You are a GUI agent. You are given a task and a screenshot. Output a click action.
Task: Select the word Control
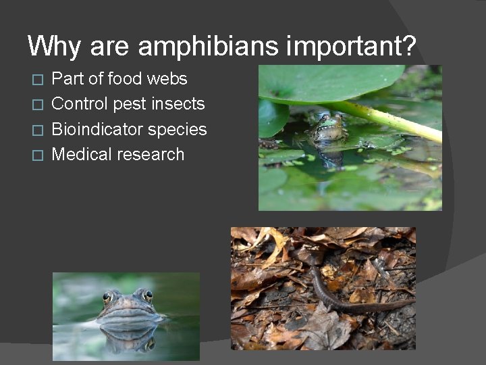[x=80, y=104]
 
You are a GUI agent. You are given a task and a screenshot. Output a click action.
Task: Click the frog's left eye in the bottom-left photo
[x=107, y=297]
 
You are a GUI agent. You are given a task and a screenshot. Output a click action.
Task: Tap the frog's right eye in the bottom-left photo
[x=148, y=295]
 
